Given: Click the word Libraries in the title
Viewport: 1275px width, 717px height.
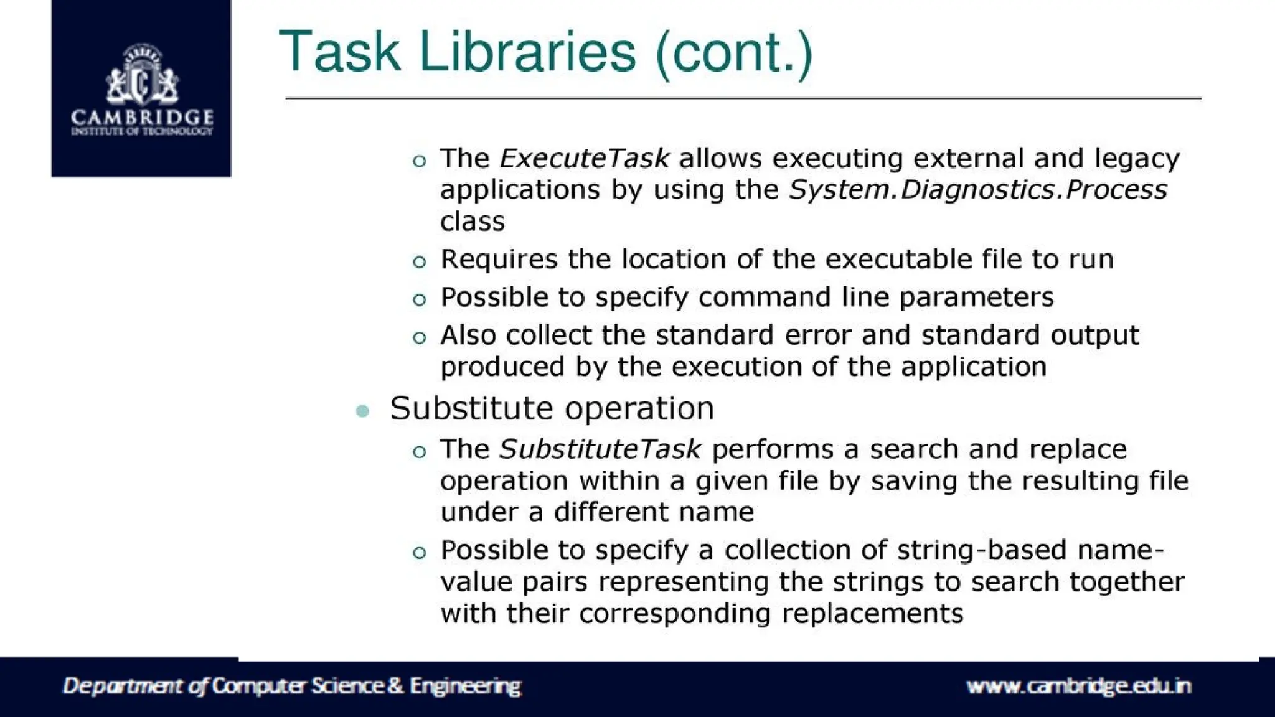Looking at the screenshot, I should (527, 52).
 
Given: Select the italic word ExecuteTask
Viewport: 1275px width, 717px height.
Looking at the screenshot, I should (585, 159).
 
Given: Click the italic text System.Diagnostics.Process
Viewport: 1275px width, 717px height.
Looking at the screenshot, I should (977, 190).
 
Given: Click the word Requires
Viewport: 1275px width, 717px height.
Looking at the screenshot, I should (498, 260).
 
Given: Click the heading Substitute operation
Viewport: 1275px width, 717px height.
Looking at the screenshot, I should (552, 409).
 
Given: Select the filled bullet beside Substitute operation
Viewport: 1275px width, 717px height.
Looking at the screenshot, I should (362, 411).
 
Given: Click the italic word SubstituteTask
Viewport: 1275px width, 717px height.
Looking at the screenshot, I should (600, 449).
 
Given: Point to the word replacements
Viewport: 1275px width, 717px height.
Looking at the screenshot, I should (872, 614).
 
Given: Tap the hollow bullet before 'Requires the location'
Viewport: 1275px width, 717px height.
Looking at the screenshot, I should (420, 262).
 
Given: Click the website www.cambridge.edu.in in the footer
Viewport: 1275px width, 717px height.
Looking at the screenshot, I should (1078, 686).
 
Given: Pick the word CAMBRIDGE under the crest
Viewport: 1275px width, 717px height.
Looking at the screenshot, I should (142, 117).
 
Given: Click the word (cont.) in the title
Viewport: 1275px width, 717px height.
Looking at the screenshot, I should (734, 53).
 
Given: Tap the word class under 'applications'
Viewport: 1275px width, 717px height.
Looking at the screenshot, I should (472, 222).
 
